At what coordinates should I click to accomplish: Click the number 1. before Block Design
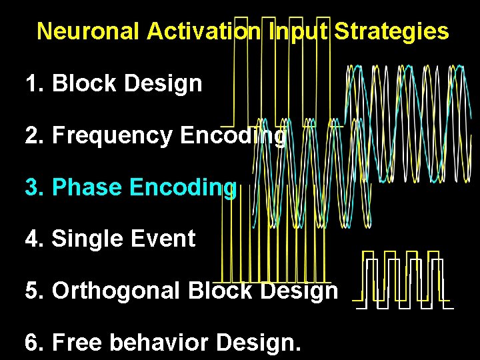35,84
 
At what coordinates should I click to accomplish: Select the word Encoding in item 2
233,136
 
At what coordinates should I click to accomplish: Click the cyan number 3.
35,187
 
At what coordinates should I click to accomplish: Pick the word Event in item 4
163,239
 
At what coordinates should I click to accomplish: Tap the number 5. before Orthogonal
35,291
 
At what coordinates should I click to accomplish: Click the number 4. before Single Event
35,239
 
